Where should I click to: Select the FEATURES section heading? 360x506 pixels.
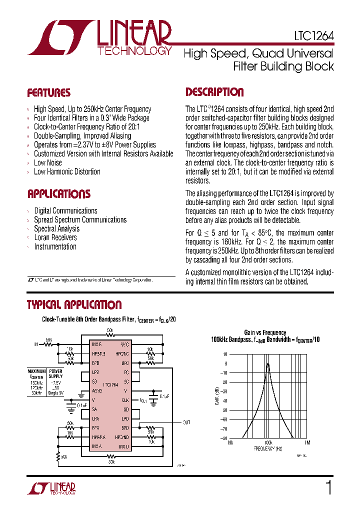click(48, 93)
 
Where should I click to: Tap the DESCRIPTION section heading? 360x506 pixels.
click(214, 92)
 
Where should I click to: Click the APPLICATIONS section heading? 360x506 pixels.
click(58, 194)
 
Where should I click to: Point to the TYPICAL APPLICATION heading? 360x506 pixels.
click(74, 305)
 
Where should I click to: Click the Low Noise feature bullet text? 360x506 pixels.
click(48, 162)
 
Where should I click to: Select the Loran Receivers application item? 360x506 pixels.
click(55, 237)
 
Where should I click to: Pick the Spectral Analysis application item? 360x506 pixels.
click(56, 228)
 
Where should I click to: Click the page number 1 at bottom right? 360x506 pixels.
click(328, 487)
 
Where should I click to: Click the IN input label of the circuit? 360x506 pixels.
click(36, 344)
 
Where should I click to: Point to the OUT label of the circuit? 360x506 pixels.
click(186, 422)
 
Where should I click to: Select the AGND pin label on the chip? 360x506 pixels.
click(97, 391)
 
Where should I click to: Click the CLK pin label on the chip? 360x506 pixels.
click(125, 400)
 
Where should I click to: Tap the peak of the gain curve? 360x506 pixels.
click(268, 363)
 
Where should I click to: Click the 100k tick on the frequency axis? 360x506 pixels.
click(268, 442)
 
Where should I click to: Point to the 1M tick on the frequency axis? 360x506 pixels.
click(307, 442)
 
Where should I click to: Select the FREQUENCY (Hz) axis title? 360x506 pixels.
click(268, 448)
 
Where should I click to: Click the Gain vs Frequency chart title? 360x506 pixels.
click(265, 332)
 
